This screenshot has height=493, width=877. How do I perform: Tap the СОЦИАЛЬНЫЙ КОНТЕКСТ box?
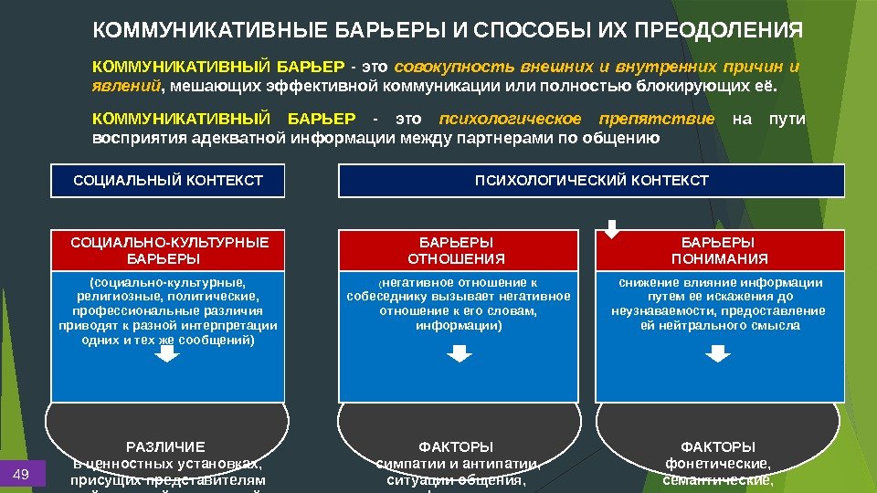168,181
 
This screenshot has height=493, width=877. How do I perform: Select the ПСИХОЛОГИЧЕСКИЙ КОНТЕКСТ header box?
591,181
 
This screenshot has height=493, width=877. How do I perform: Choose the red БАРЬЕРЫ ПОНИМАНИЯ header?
718,250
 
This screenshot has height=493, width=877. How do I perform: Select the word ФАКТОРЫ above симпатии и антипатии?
455,447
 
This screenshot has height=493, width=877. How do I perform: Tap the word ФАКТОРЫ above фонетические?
718,447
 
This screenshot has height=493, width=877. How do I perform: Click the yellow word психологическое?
510,120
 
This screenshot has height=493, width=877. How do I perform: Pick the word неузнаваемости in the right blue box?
656,310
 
